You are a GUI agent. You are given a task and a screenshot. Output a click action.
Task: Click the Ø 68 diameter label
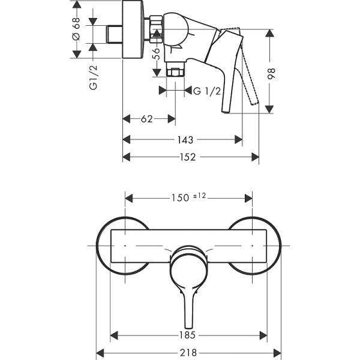point(76,29)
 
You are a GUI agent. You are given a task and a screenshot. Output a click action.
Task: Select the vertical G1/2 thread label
point(94,77)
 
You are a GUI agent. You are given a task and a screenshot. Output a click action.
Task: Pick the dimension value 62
point(146,119)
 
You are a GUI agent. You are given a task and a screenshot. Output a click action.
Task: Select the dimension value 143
point(185,140)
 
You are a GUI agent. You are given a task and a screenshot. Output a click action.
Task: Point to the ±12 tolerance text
point(200,196)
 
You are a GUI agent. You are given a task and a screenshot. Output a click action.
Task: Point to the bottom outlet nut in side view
point(175,72)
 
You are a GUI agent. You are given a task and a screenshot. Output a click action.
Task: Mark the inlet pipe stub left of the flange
point(113,34)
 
